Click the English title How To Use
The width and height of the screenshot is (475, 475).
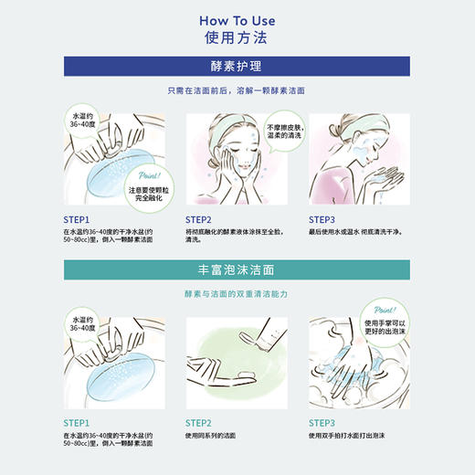[237, 19]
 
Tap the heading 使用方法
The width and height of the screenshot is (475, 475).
[237, 38]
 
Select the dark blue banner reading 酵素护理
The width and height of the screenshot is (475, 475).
[237, 67]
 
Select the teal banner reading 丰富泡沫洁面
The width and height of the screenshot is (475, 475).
[237, 269]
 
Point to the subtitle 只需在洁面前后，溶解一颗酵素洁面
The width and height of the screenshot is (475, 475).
[237, 91]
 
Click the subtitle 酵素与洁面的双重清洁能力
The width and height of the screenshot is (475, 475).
[237, 294]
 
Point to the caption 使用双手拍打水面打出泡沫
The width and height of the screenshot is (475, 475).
[351, 437]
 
